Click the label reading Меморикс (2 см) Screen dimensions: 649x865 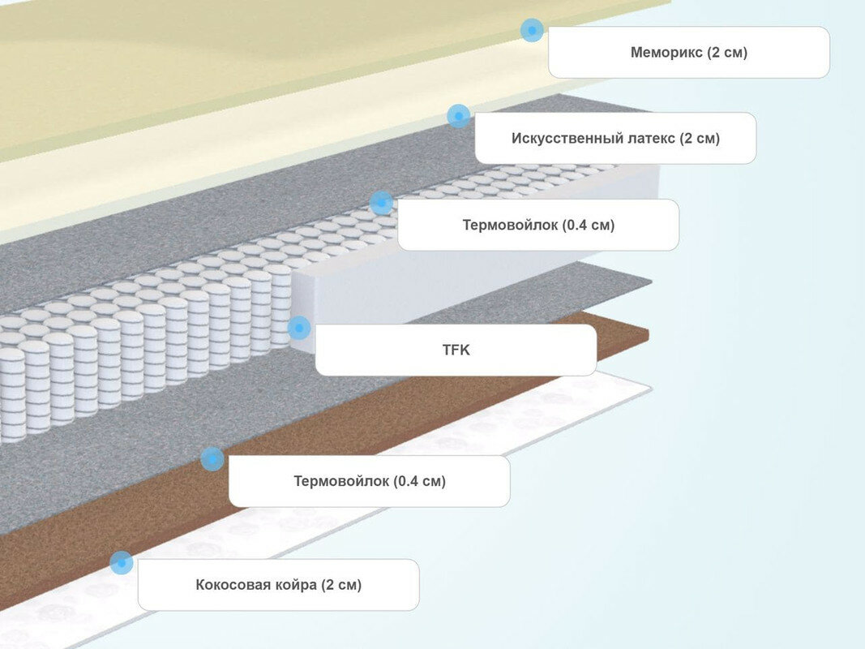pyautogui.click(x=688, y=53)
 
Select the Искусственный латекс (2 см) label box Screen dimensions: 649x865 pyautogui.click(x=615, y=138)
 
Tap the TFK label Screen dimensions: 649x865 pyautogui.click(x=456, y=350)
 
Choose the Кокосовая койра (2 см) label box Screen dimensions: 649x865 pyautogui.click(x=278, y=585)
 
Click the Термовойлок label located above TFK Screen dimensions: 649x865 pyautogui.click(x=538, y=225)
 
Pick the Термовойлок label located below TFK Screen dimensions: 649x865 pyautogui.click(x=369, y=481)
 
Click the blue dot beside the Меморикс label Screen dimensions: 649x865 pyautogui.click(x=532, y=31)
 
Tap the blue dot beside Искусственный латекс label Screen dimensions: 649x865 pyautogui.click(x=458, y=116)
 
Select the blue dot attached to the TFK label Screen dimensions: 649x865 pyautogui.click(x=298, y=328)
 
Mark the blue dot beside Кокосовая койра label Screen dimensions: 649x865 pyautogui.click(x=121, y=562)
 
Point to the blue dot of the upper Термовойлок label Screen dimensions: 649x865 pyautogui.click(x=381, y=202)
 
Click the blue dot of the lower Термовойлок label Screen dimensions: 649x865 pyautogui.click(x=212, y=459)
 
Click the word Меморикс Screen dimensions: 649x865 pyautogui.click(x=666, y=53)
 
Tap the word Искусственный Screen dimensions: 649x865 pyautogui.click(x=567, y=138)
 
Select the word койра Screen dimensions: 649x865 pyautogui.click(x=297, y=585)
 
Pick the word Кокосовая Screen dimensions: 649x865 pyautogui.click(x=233, y=585)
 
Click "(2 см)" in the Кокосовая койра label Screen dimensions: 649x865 pyautogui.click(x=340, y=585)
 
